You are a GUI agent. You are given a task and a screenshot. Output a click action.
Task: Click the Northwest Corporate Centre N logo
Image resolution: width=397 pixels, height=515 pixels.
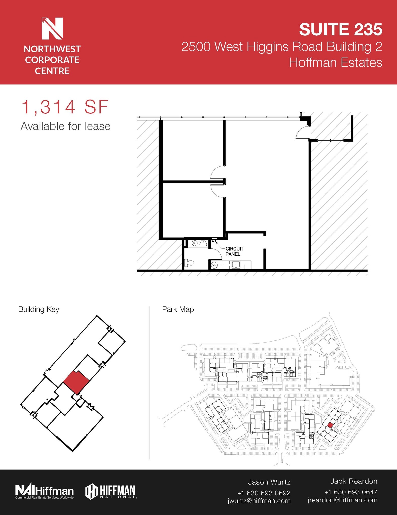(52, 28)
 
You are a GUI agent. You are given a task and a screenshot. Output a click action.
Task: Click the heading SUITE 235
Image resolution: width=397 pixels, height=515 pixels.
(341, 29)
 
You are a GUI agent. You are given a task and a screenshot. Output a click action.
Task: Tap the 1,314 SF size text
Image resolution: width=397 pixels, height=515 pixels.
(65, 107)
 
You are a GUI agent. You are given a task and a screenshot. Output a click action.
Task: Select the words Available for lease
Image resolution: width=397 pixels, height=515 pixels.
(65, 126)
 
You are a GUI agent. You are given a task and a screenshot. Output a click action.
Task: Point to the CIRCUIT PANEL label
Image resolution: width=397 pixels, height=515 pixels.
(234, 251)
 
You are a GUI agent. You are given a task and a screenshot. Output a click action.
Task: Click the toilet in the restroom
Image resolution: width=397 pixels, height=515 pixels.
(190, 263)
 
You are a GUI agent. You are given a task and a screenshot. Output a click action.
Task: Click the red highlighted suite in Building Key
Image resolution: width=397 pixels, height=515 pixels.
(76, 382)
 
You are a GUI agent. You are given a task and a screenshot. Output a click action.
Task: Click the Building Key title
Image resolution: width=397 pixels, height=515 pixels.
(39, 309)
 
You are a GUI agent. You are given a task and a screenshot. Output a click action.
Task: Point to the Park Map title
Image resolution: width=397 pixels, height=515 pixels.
(178, 309)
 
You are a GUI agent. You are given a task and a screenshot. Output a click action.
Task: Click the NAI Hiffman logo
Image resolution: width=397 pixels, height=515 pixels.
(45, 491)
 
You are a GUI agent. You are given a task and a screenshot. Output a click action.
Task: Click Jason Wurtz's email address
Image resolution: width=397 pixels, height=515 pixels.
(259, 501)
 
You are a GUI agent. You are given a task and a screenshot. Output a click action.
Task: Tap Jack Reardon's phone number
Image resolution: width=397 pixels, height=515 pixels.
(351, 492)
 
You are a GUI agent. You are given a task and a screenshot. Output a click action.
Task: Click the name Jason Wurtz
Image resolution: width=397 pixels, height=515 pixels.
(269, 482)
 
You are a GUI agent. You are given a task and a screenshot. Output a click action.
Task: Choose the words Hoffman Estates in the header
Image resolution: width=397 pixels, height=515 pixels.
(335, 63)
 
